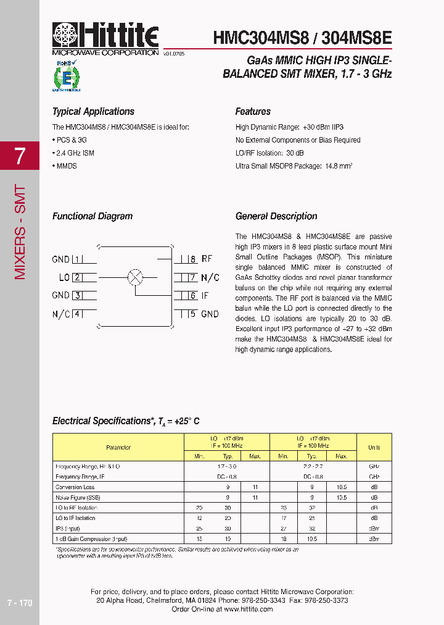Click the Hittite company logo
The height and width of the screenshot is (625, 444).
click(x=105, y=38)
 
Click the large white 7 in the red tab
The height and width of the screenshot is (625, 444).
click(x=20, y=156)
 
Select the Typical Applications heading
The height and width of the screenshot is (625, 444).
click(x=93, y=112)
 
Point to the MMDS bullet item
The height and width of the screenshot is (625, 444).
click(x=65, y=166)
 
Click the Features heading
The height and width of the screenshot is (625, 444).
click(x=253, y=112)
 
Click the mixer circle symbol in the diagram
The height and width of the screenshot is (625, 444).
click(x=135, y=277)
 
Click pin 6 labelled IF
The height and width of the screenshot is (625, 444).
click(x=199, y=296)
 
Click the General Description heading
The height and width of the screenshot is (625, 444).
click(x=276, y=216)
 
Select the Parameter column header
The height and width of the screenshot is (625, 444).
click(x=118, y=447)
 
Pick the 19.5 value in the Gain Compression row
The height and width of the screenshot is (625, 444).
click(x=313, y=539)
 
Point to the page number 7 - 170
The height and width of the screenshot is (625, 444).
click(x=20, y=603)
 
